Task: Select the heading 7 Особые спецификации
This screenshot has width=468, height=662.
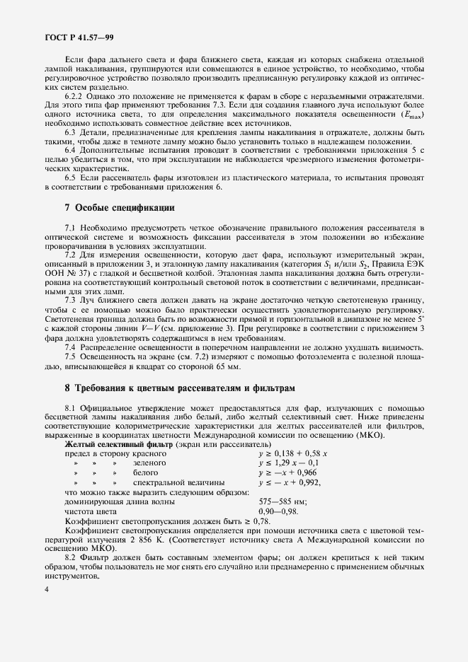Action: [118, 207]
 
